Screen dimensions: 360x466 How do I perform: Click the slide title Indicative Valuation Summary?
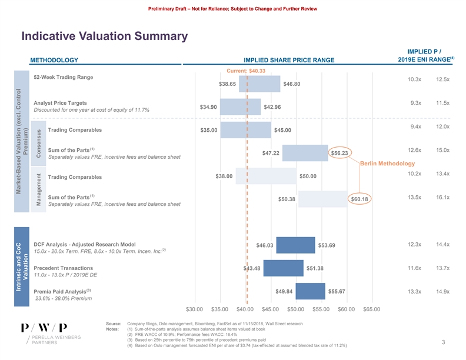click(x=104, y=36)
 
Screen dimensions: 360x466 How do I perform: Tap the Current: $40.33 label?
click(x=246, y=71)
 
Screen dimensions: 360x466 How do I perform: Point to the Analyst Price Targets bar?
click(x=240, y=107)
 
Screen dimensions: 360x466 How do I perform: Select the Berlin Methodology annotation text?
click(x=387, y=163)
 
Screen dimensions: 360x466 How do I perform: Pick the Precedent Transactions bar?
click(x=284, y=268)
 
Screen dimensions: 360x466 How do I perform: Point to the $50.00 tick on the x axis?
click(x=295, y=309)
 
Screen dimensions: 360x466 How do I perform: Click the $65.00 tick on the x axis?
click(x=372, y=309)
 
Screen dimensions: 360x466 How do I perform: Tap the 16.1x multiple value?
click(x=442, y=197)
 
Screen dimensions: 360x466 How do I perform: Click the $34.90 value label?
click(x=209, y=107)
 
